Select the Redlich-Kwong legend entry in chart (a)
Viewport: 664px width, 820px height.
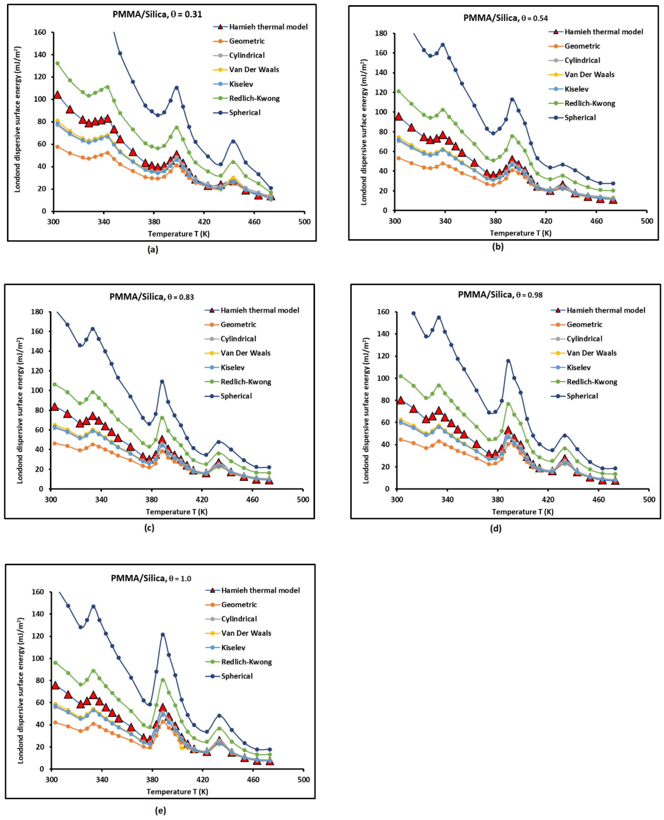(x=254, y=98)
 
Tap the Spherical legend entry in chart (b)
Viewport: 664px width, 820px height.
(x=580, y=117)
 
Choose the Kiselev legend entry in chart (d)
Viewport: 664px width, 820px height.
(x=578, y=367)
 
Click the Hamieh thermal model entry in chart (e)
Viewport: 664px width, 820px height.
(x=260, y=590)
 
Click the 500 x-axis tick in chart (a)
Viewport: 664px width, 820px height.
(x=304, y=222)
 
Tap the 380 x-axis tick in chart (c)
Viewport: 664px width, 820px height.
(x=151, y=499)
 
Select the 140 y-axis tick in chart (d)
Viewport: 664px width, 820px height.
(x=384, y=334)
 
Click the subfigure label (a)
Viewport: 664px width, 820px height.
(x=153, y=250)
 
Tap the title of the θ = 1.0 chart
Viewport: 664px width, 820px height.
(x=151, y=578)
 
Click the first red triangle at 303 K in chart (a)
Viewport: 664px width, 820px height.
(x=57, y=94)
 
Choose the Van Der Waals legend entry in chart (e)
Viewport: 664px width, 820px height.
(x=246, y=633)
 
